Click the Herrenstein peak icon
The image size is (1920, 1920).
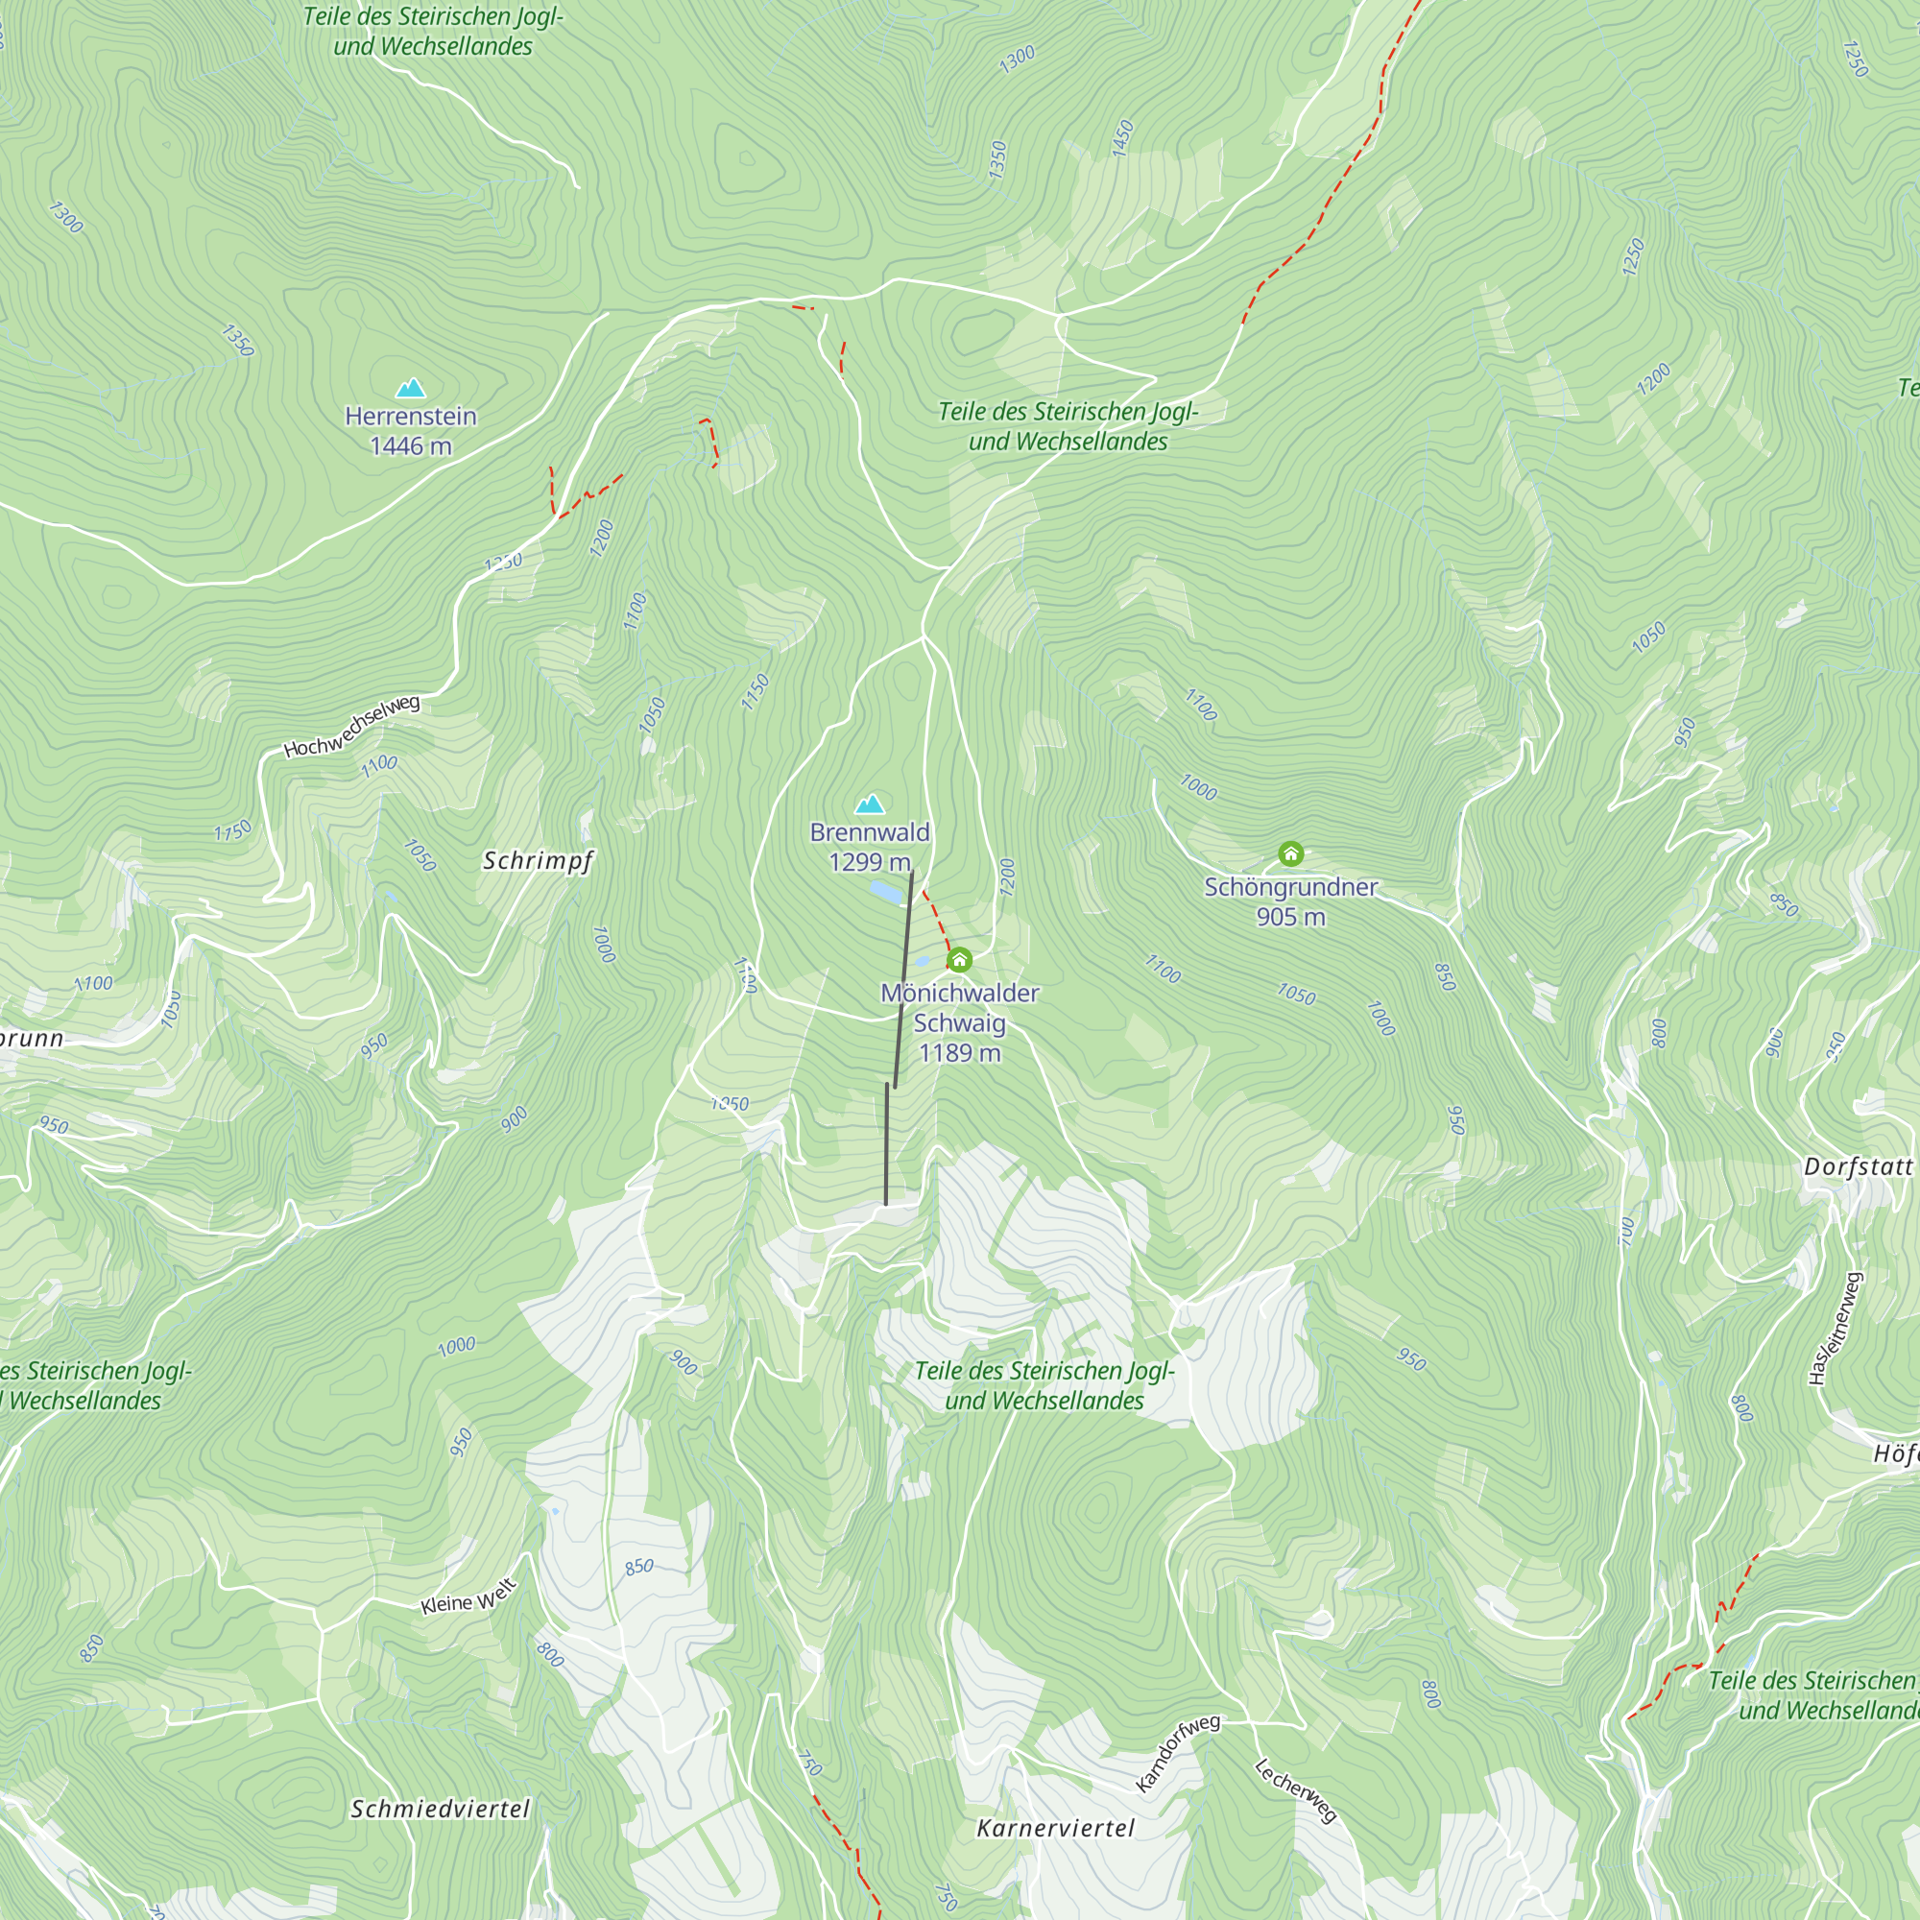[x=411, y=389]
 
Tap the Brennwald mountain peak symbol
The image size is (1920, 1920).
[x=870, y=804]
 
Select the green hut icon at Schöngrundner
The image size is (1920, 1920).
[x=1290, y=853]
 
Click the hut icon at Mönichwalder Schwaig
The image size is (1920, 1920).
[x=959, y=960]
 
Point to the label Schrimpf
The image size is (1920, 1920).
[x=538, y=860]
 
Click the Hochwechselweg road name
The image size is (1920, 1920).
[x=351, y=727]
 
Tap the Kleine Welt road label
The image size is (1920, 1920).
[x=468, y=1597]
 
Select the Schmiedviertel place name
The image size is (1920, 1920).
[x=441, y=1809]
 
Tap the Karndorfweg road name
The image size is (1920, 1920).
[x=1178, y=1753]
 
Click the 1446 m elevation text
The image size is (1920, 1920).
[x=411, y=446]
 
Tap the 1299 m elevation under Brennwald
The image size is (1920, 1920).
[x=870, y=862]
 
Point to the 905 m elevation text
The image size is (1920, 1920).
[x=1290, y=916]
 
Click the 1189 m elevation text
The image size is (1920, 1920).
[x=959, y=1052]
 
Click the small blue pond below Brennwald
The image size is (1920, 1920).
[x=887, y=892]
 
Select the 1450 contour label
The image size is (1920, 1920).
[x=1122, y=138]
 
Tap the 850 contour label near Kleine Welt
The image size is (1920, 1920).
[x=639, y=1568]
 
